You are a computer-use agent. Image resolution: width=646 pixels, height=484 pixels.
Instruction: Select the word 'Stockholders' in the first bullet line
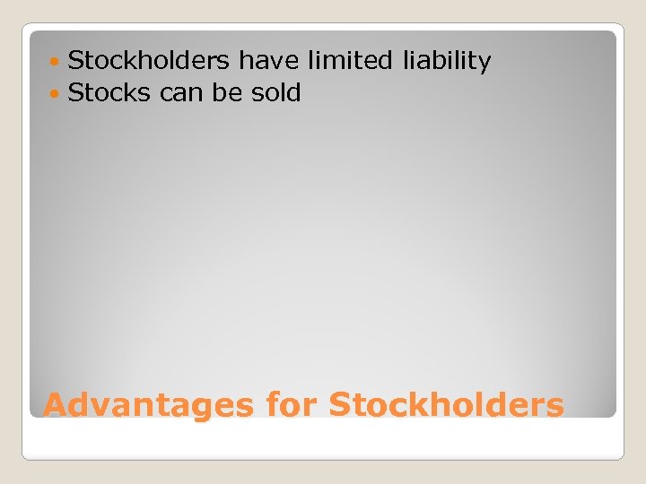(149, 61)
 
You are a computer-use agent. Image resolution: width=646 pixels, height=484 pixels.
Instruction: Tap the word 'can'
(182, 93)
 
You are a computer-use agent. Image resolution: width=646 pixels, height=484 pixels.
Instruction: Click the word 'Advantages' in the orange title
(148, 405)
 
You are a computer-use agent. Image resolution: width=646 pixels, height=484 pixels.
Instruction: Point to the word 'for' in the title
(292, 404)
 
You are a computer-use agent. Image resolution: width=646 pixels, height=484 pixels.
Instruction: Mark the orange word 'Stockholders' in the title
(447, 404)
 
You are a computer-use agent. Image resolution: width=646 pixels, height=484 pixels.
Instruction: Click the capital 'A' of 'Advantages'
(56, 405)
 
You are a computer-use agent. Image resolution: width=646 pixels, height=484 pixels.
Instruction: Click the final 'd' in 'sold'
(293, 92)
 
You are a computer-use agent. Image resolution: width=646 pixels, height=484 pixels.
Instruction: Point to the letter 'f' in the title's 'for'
(272, 404)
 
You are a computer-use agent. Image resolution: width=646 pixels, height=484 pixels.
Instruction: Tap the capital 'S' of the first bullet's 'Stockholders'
(76, 61)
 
